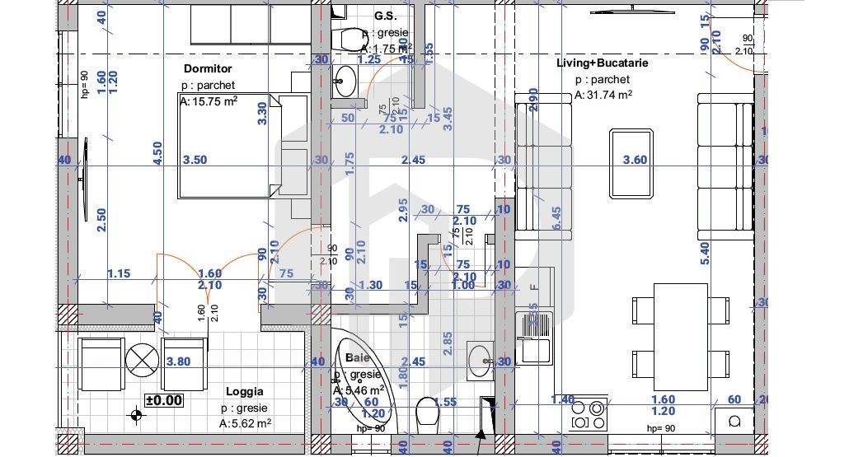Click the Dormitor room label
[x=208, y=69]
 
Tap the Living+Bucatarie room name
[x=602, y=62]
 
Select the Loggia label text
[x=244, y=392]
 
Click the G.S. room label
[x=384, y=16]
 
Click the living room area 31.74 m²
[x=603, y=95]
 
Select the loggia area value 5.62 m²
[x=245, y=423]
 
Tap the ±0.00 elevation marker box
[x=163, y=401]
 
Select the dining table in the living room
[x=681, y=336]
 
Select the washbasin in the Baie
[x=478, y=360]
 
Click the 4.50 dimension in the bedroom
[x=157, y=152]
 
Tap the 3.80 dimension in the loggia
[x=178, y=361]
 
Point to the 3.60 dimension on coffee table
[x=635, y=160]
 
